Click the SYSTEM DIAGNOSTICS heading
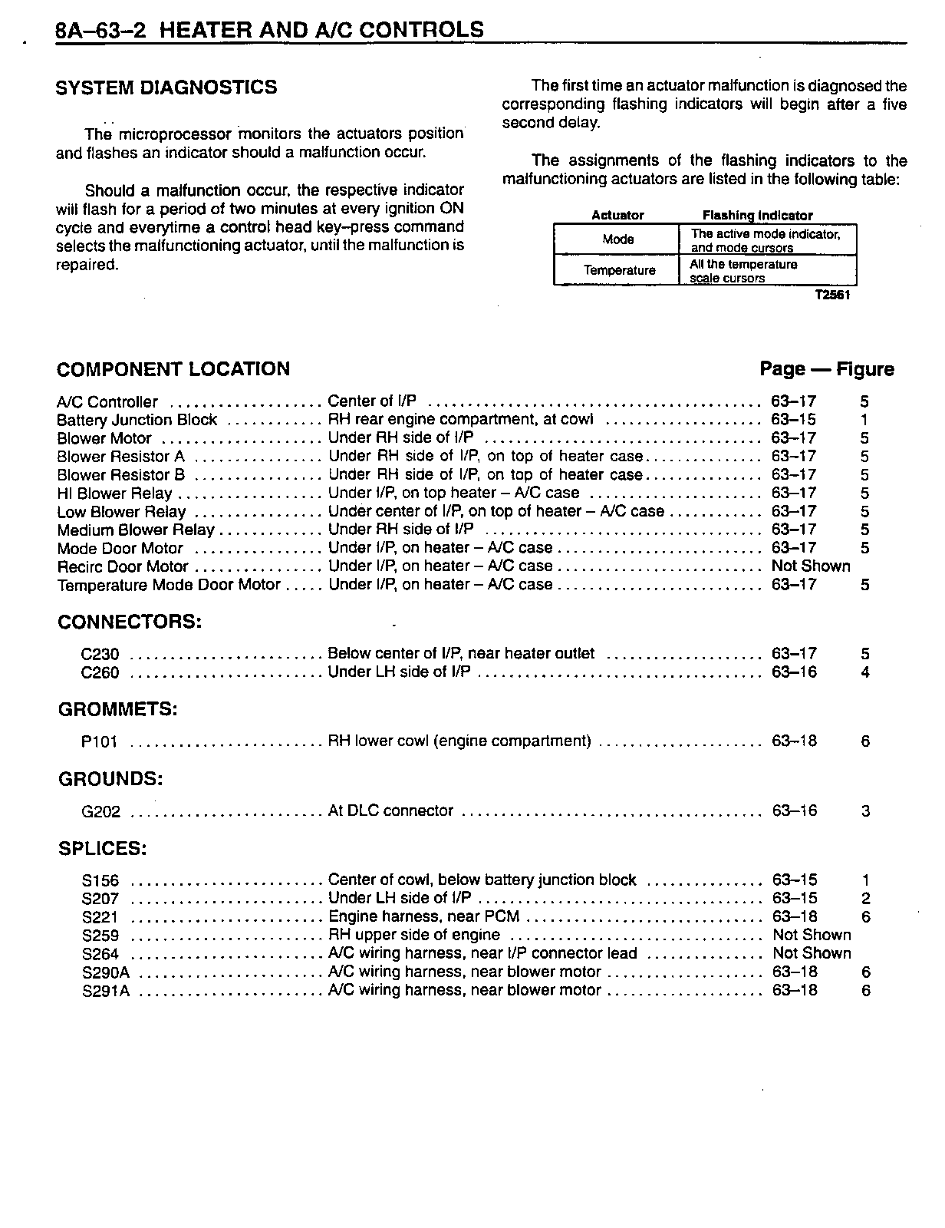click(x=166, y=87)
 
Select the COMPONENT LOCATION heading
click(x=173, y=369)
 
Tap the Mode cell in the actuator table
click(x=617, y=239)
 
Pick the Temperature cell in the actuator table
click(x=619, y=270)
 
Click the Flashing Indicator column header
click(x=757, y=216)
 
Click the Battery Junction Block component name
click(x=137, y=420)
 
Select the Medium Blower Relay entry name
click(x=136, y=530)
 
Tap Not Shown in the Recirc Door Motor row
click(x=811, y=566)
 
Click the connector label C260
click(x=100, y=673)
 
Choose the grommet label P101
click(x=99, y=742)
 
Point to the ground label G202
click(x=100, y=812)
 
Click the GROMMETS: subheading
click(x=117, y=710)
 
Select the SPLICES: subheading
click(x=102, y=849)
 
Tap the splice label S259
click(x=100, y=936)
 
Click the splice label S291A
click(x=105, y=991)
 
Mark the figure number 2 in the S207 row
click(x=865, y=899)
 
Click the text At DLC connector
click(x=390, y=811)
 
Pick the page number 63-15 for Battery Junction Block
click(x=793, y=420)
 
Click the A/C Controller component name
click(x=107, y=402)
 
